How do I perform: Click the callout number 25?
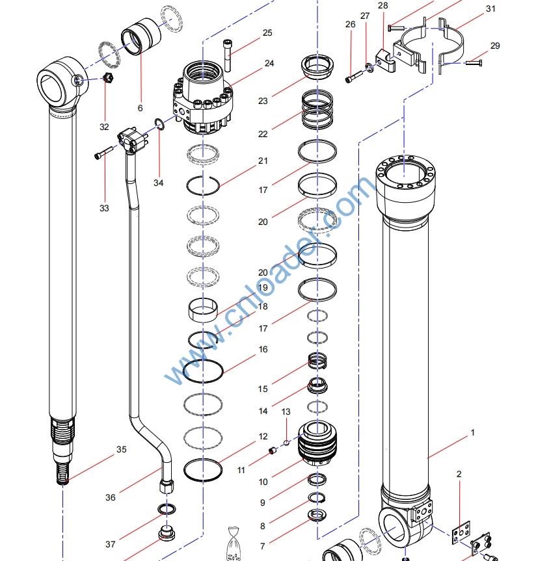click(267, 33)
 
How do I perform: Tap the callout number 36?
click(111, 497)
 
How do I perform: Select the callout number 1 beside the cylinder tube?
click(473, 432)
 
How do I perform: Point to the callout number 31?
click(490, 9)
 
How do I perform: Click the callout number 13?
click(286, 412)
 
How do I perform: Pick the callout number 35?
click(122, 449)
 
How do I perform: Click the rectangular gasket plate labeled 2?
click(461, 534)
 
